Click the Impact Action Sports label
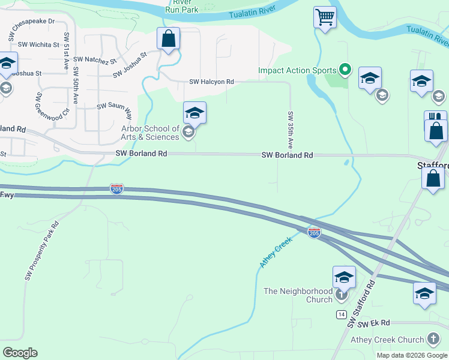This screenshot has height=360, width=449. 297,70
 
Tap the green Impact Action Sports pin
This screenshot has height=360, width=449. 345,70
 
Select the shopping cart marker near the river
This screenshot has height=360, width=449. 325,17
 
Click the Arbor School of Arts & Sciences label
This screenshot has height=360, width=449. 150,133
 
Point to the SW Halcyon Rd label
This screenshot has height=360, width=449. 211,82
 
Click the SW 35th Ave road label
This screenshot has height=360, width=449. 291,130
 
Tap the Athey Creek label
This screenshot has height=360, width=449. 276,252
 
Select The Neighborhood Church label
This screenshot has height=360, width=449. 298,295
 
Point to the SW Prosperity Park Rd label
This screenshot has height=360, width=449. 42,251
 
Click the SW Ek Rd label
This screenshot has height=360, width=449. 374,323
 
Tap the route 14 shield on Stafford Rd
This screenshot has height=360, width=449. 342,316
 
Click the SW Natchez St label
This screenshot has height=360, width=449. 95,60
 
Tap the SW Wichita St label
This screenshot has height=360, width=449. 39,44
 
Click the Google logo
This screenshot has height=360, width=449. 20,352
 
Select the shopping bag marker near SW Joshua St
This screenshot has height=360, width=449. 169,38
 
